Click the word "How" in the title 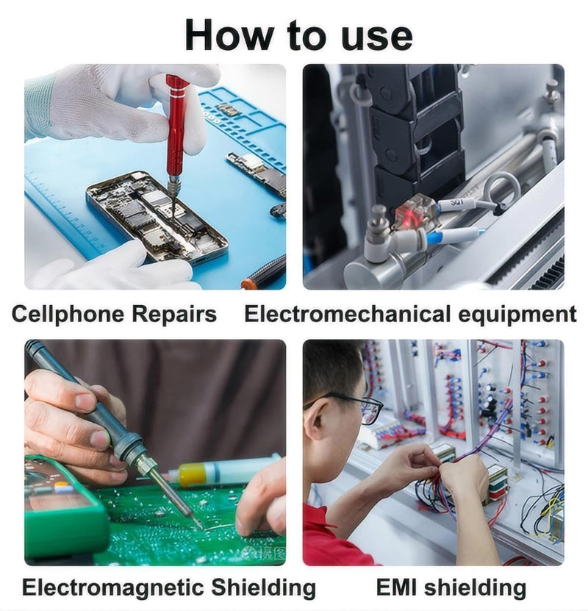pos(229,35)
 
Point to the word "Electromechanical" pos(348,313)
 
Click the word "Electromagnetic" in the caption pos(114,587)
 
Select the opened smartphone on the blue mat pos(157,217)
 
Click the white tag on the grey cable pos(456,204)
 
